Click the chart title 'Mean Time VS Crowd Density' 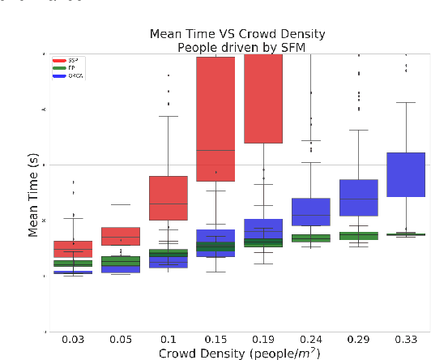point(237,34)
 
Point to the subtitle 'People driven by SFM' point(237,47)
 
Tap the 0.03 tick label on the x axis point(73,339)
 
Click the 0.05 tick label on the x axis point(120,339)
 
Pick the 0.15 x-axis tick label point(215,339)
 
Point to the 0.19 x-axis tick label point(262,339)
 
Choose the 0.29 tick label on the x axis point(358,339)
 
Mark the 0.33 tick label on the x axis point(405,339)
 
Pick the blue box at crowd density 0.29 point(358,197)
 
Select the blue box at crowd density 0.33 point(405,174)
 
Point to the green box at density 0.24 point(310,238)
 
